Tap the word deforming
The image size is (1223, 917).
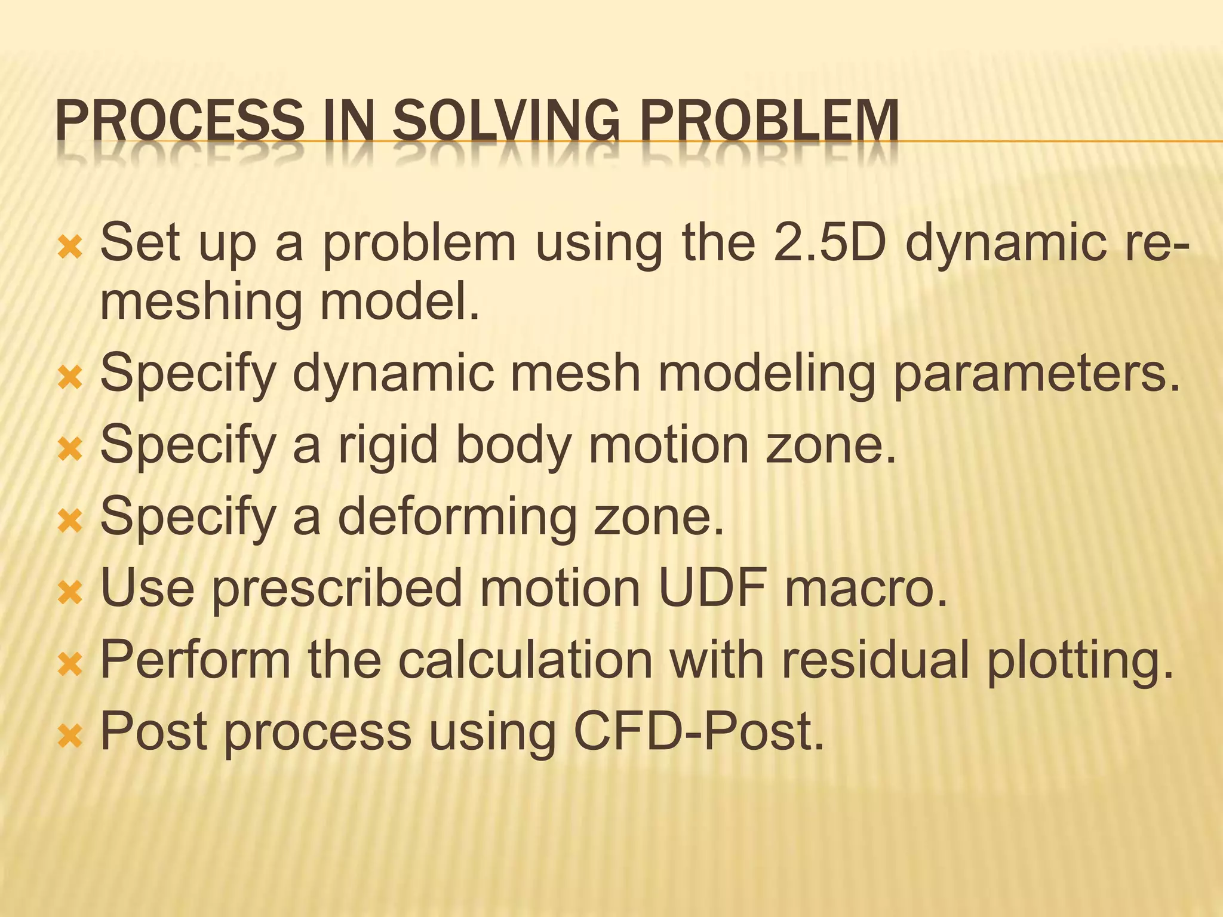point(456,516)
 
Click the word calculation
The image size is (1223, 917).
point(526,660)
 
